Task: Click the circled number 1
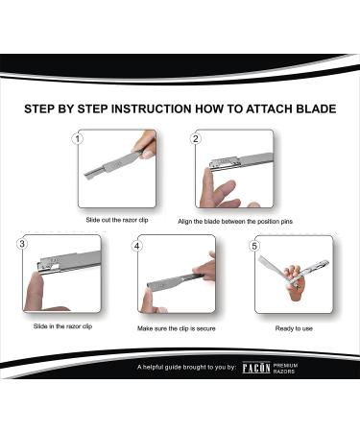point(78,138)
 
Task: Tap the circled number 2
point(196,138)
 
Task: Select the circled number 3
point(22,244)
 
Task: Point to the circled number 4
point(137,246)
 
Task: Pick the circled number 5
point(254,246)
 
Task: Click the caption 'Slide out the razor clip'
point(117,220)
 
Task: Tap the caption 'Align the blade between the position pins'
point(235,221)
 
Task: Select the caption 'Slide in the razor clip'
point(62,326)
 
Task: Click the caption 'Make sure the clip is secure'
point(177,328)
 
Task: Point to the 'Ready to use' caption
point(294,328)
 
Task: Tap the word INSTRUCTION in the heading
point(151,108)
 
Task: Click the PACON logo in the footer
point(256,368)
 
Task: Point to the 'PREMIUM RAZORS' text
point(285,368)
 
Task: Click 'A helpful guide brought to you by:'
point(186,367)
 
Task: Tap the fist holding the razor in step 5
point(294,281)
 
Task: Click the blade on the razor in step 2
point(224,163)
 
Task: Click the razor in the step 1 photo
point(112,164)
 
